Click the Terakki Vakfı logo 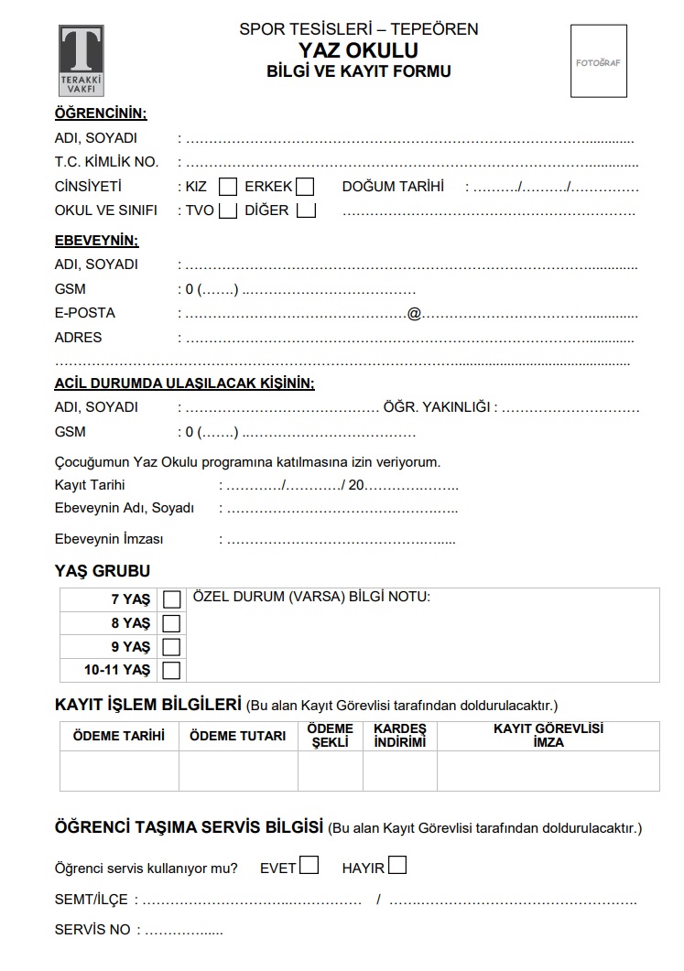tap(81, 60)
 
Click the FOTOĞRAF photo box tap(599, 61)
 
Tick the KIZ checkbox tap(228, 187)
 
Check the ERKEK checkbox tap(305, 187)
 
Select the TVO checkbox tap(228, 210)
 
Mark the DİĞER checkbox tap(307, 210)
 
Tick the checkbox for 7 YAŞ tap(171, 599)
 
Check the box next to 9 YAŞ tap(171, 647)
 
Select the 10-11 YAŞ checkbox tap(171, 671)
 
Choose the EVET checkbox tap(309, 865)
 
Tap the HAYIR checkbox tap(397, 865)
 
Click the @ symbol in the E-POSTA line tap(414, 314)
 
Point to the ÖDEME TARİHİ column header tap(119, 736)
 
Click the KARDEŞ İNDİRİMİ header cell tap(400, 736)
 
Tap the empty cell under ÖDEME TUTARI tap(238, 771)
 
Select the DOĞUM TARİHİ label tap(393, 187)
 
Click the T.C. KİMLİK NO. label tap(106, 162)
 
